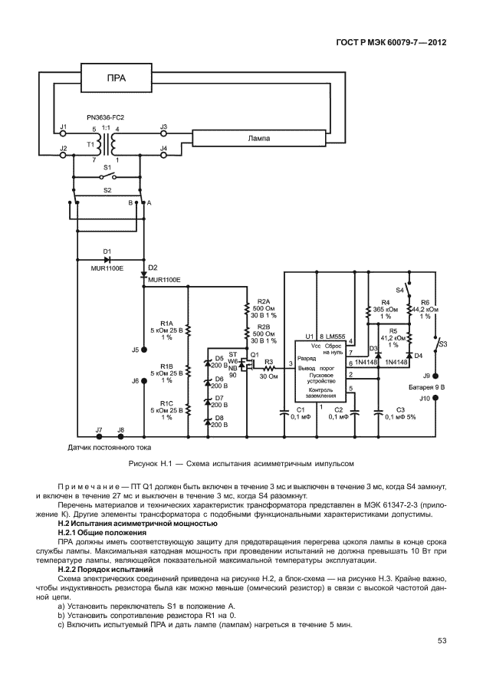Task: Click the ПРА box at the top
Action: point(116,78)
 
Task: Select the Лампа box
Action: point(258,139)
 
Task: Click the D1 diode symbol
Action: point(107,259)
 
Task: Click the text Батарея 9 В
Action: point(428,387)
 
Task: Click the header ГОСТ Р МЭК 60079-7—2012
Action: point(391,41)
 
